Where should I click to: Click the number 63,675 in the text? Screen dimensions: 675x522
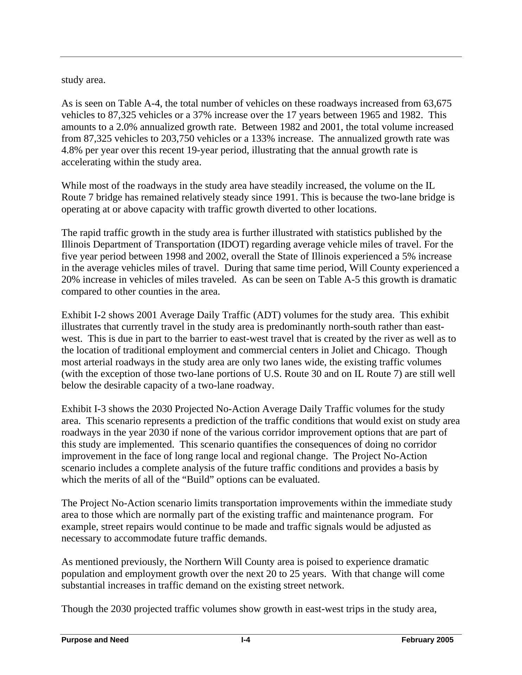tap(438, 103)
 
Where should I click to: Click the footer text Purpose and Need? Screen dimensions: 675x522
tap(95, 640)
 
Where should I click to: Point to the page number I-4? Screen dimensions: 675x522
tap(246, 640)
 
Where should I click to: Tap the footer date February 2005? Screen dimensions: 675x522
tap(427, 640)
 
